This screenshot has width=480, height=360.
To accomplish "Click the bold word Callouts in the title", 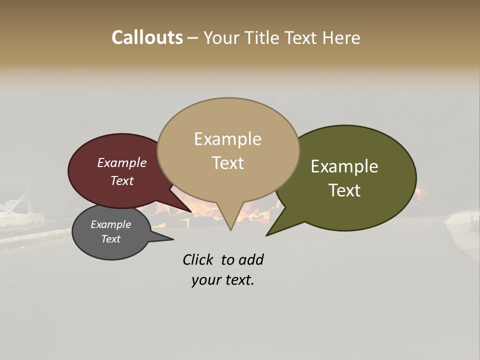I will point(147,37).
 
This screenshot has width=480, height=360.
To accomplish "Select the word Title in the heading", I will point(261,37).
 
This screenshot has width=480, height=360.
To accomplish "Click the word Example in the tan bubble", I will point(227,139).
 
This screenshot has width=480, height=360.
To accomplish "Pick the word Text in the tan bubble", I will point(227,163).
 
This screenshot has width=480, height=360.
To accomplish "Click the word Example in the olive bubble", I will point(344,166).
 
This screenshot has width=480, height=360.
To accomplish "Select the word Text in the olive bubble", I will point(344,190).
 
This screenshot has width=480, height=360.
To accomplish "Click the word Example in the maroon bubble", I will point(121,163).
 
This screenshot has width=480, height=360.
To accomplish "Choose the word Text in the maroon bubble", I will point(121,181).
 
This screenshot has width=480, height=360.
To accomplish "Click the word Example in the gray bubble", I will point(110,224).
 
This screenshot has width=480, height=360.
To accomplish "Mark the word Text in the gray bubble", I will point(110,239).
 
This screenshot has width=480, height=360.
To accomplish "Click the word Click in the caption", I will point(199,260).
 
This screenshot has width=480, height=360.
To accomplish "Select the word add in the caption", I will point(251,260).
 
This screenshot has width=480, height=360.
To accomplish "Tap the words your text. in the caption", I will point(222,280).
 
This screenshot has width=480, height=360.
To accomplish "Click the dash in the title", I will point(193,38).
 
